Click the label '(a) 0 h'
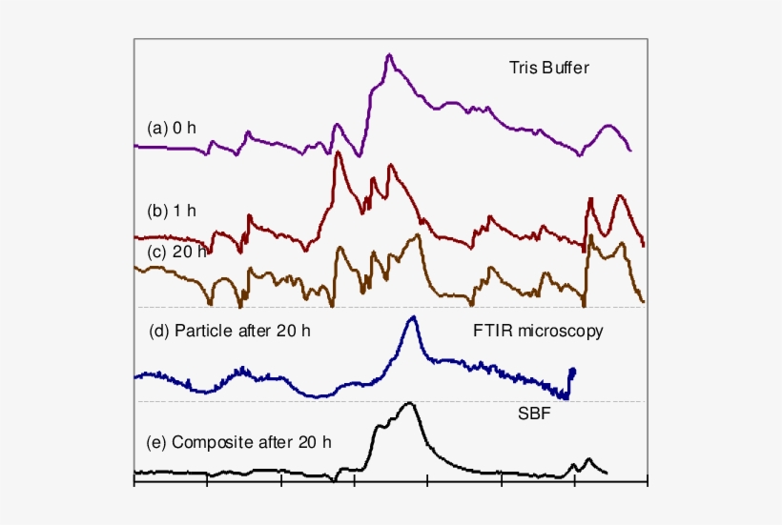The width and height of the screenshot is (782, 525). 172,128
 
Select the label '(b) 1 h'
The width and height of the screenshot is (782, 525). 172,211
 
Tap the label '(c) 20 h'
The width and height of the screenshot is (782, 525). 175,252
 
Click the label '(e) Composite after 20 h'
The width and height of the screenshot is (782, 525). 238,442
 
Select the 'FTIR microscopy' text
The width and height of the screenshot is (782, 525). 538,332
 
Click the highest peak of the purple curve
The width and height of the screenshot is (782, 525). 389,55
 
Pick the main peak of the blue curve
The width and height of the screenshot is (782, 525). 411,318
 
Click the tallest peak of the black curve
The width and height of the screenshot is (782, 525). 410,403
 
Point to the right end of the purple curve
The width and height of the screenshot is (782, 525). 630,151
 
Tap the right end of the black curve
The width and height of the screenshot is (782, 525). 607,473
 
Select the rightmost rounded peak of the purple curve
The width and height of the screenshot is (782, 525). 607,127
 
